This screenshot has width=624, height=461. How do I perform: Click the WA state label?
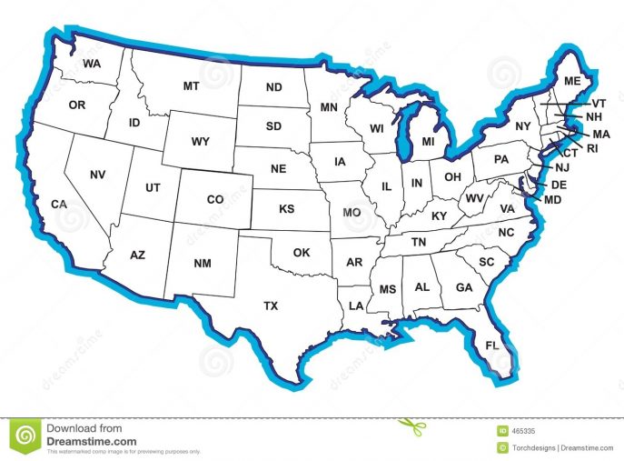point(91,64)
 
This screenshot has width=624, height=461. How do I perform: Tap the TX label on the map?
point(271,306)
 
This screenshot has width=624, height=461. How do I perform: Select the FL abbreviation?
point(492,346)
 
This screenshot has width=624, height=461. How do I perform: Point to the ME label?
point(571,81)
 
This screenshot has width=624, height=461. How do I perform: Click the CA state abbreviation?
point(59,204)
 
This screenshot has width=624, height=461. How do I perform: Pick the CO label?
point(215,199)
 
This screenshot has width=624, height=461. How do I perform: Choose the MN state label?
point(329,108)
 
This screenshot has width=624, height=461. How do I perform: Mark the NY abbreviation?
point(522,126)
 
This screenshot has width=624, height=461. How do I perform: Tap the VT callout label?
point(599,104)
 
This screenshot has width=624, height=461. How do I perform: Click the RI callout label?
point(593,147)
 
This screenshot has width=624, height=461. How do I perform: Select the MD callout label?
point(552,198)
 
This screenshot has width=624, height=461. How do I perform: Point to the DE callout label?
point(559,185)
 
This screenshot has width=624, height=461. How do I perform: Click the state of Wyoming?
point(201,142)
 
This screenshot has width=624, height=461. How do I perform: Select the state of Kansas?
point(286,209)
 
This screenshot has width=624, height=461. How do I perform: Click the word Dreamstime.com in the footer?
point(91,441)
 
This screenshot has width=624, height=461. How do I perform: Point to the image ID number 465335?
point(522,430)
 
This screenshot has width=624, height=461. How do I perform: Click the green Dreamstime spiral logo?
point(25,436)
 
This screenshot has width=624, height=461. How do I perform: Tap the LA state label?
point(355,304)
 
